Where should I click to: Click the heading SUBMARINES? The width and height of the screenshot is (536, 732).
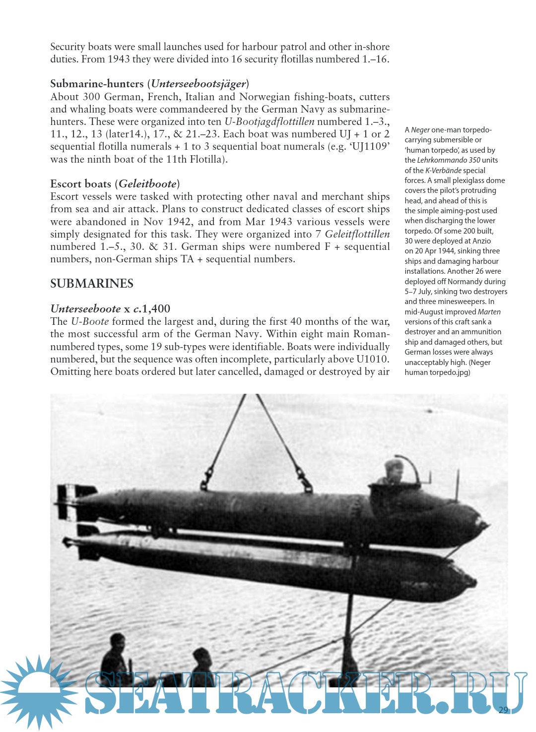click(92, 284)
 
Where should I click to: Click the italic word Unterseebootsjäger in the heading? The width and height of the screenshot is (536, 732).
click(198, 84)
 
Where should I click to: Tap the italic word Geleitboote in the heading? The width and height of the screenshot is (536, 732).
click(147, 184)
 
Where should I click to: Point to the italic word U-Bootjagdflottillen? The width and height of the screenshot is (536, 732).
click(269, 122)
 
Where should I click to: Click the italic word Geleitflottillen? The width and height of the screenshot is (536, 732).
click(357, 234)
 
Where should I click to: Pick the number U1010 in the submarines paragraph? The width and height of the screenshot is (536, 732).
click(373, 359)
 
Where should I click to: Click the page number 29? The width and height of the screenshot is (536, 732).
click(503, 710)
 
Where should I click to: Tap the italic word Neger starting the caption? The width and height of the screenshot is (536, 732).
click(420, 130)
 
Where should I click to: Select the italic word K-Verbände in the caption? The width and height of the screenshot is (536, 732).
click(443, 171)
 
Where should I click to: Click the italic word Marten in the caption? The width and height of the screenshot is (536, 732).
click(489, 312)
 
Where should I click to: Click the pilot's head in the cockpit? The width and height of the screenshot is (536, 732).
click(395, 470)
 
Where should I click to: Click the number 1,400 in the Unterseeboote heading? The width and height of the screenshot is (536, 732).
click(156, 309)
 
